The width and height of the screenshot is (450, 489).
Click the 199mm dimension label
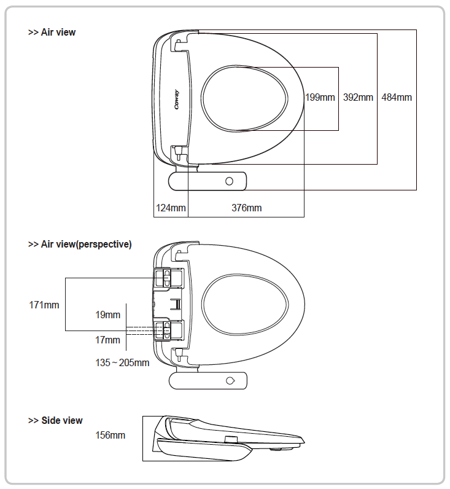320,97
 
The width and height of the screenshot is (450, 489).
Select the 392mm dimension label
358,97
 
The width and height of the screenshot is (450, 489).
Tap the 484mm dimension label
397,97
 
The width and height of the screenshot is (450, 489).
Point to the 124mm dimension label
171,208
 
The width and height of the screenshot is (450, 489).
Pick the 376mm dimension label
247,208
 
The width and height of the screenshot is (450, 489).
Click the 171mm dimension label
44,305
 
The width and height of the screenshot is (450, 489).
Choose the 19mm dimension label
108,315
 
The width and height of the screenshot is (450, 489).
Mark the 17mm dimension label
108,340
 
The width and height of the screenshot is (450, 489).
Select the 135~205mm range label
122,362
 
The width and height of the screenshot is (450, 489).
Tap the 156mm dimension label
111,435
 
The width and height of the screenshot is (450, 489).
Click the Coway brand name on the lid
177,100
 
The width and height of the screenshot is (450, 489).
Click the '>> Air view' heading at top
52,32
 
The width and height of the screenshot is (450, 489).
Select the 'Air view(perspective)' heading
87,244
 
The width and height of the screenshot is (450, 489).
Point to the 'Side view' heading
62,420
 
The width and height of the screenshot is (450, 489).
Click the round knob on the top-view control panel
229,181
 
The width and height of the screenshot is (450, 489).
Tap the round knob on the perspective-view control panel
230,381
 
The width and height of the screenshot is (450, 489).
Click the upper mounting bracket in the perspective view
169,278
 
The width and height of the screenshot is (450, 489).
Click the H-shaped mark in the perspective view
176,304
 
